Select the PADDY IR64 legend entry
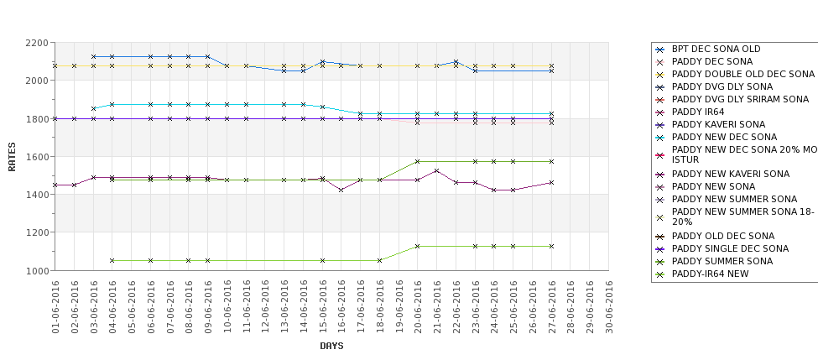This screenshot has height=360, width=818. (x=696, y=112)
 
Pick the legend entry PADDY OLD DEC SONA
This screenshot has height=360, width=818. (x=723, y=236)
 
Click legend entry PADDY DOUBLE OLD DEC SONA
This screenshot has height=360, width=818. (x=743, y=74)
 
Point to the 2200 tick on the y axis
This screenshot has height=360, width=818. (x=37, y=42)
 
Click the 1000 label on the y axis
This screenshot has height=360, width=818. (x=37, y=270)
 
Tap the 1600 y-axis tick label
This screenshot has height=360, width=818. (x=37, y=156)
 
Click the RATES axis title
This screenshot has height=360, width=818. (x=12, y=156)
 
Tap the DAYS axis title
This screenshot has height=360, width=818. (x=331, y=346)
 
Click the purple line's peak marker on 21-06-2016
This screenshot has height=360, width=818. (x=437, y=170)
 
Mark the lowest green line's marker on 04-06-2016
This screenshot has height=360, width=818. (x=112, y=260)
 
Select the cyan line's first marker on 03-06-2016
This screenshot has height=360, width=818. (x=93, y=108)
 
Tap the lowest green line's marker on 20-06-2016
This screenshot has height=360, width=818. (x=418, y=246)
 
